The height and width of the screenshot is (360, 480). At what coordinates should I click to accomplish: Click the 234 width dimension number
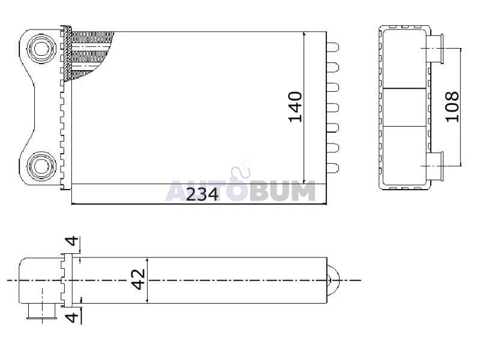[202, 194]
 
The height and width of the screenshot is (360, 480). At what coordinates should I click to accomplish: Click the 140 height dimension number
[295, 107]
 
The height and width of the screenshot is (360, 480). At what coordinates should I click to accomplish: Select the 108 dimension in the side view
[452, 107]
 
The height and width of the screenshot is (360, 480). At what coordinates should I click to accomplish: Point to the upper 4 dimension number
[72, 241]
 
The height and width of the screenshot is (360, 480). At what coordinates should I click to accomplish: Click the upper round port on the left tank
[41, 49]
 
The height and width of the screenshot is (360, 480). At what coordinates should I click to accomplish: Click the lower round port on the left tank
[41, 166]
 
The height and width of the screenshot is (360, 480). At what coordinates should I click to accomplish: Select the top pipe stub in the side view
[435, 49]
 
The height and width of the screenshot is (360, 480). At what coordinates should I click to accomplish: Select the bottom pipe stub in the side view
[435, 166]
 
